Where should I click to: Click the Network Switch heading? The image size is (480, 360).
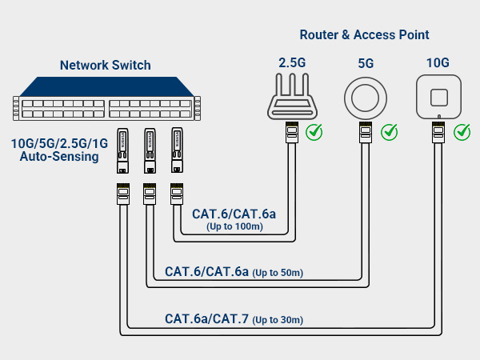(x=106, y=65)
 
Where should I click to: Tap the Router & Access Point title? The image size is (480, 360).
(x=364, y=35)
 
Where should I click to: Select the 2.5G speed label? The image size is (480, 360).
(x=291, y=62)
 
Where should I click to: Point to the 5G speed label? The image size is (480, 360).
(x=366, y=62)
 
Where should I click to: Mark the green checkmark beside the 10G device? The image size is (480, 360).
(x=462, y=130)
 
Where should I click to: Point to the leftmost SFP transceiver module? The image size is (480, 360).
(x=123, y=150)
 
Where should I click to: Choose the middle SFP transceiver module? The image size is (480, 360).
(x=150, y=150)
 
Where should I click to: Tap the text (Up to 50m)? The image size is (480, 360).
(x=278, y=273)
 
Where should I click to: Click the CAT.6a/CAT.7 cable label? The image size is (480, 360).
(x=206, y=319)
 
